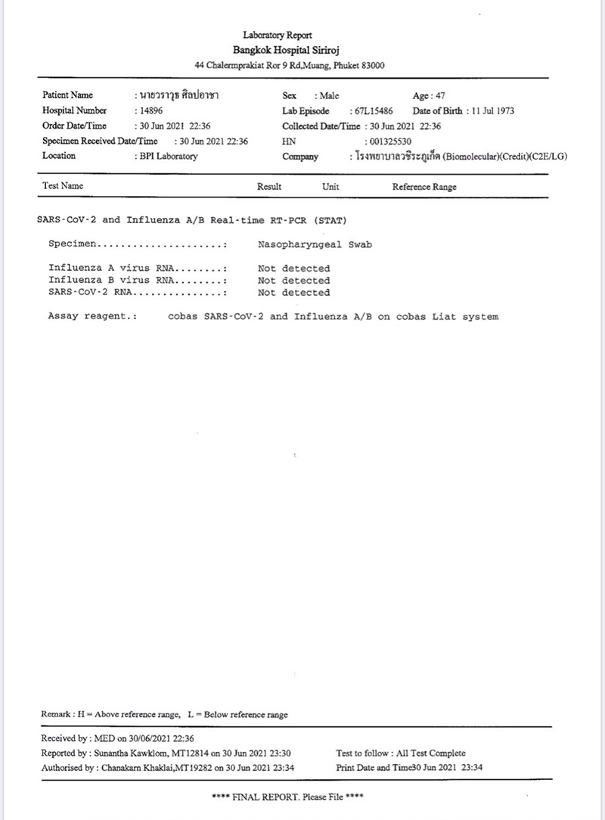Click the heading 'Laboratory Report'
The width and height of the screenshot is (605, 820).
278,35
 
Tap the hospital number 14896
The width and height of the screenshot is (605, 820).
150,111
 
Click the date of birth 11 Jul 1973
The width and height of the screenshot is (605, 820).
492,111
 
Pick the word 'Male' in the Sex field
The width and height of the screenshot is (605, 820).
330,96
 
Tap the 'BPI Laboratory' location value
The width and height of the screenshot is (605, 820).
167,157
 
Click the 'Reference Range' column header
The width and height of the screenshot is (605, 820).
424,187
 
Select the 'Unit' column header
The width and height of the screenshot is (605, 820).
330,187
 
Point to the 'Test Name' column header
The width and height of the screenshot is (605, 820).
63,186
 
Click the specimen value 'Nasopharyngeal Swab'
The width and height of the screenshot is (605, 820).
315,245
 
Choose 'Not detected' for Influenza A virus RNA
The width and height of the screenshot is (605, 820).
293,269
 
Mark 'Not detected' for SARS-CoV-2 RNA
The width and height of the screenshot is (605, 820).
293,293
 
